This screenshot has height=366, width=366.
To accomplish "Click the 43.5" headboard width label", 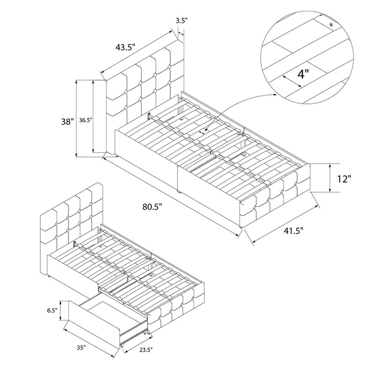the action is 125,47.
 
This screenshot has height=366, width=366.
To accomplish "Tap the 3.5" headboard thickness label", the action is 182,21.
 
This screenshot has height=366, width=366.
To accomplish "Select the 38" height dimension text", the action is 67,121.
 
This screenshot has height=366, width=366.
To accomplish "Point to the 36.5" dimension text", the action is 86,120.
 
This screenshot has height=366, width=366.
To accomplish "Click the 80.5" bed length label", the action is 152,206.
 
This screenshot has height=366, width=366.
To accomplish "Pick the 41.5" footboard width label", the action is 293,231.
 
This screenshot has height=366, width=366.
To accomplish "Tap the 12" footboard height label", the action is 344,179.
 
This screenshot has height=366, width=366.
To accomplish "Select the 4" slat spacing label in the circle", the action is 303,74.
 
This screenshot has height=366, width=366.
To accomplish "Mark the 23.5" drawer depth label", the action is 145,350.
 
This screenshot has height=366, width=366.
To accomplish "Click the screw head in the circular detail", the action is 331,25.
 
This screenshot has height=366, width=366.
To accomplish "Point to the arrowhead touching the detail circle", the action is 275,94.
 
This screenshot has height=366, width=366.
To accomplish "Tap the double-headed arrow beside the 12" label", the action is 330,178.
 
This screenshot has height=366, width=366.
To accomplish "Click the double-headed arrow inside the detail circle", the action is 292,81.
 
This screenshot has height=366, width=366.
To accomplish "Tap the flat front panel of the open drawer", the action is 93,327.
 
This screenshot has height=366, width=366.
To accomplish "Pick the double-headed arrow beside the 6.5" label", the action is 61,311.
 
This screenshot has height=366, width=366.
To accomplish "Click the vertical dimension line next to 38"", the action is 76,118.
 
